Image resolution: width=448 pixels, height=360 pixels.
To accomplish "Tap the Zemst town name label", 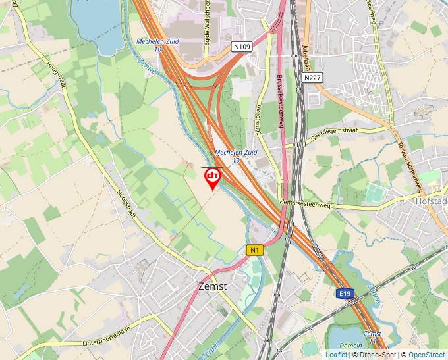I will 212,286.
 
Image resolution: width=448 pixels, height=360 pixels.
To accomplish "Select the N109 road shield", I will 242,47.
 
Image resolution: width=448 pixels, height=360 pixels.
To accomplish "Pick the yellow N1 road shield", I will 255,249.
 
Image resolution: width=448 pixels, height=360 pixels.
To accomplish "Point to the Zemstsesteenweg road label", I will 304,204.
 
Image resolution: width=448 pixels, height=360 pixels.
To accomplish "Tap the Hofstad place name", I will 432,201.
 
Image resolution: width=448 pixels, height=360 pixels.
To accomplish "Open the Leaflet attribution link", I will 336,355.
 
